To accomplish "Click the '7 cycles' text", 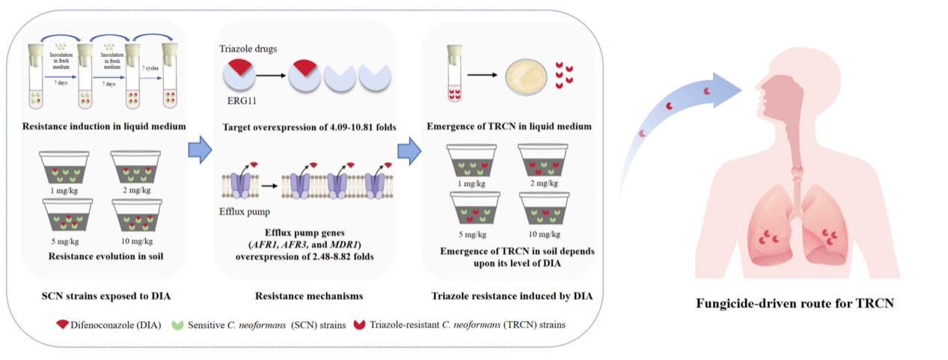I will pos(150,68).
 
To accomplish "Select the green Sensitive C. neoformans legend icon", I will pos(177,325).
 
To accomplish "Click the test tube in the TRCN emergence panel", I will pos(453,73).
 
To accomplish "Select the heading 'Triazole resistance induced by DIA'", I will pos(513,296).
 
